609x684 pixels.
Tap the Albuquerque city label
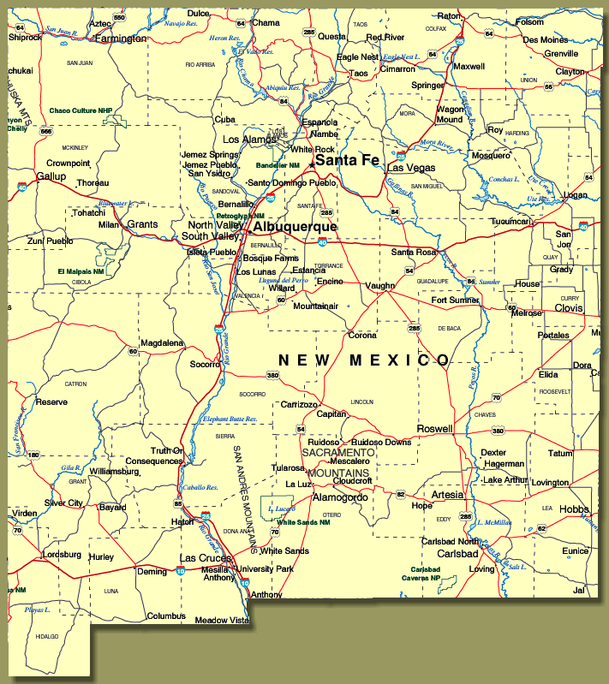click(x=295, y=227)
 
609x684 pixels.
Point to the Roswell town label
click(x=433, y=428)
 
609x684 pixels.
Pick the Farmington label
click(x=121, y=39)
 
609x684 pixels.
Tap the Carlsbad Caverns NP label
click(x=425, y=574)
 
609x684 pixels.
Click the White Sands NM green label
click(x=302, y=522)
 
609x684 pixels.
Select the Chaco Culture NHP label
click(x=81, y=110)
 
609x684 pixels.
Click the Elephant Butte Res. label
click(x=230, y=419)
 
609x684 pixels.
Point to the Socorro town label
click(x=205, y=364)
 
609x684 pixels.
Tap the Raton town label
click(x=449, y=15)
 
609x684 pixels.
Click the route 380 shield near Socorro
click(x=272, y=375)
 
